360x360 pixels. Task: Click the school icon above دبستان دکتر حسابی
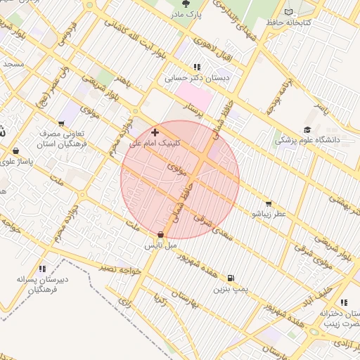click(187, 67)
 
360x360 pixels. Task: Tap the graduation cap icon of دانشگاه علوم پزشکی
click(307, 129)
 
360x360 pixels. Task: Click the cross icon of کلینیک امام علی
click(155, 131)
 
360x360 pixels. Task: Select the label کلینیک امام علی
click(155, 142)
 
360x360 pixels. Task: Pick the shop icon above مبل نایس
click(162, 235)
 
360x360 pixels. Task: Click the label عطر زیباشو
click(270, 213)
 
